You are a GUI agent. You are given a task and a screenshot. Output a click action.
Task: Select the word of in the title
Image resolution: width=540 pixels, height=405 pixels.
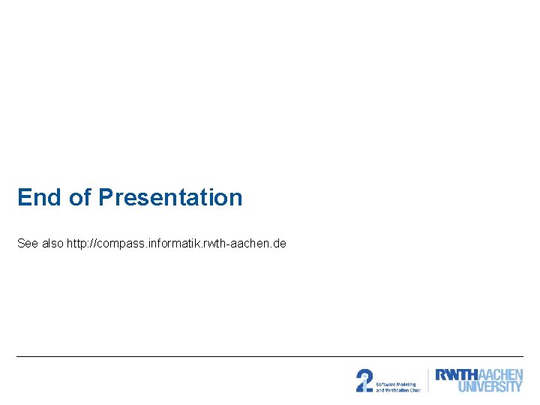pyautogui.click(x=79, y=197)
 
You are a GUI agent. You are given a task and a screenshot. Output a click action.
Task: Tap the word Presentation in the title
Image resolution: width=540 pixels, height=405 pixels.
pyautogui.click(x=170, y=197)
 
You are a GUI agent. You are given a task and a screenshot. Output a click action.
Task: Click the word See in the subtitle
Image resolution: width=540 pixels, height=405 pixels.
pyautogui.click(x=28, y=244)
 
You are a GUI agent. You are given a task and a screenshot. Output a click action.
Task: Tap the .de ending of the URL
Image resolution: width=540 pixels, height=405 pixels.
pyautogui.click(x=279, y=244)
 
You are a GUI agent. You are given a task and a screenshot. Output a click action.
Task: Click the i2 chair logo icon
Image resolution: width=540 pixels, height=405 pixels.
pyautogui.click(x=364, y=380)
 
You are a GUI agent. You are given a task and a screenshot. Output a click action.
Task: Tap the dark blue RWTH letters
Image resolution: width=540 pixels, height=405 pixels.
pyautogui.click(x=456, y=375)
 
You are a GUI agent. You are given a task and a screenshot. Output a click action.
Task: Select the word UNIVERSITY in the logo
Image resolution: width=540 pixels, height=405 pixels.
pyautogui.click(x=490, y=387)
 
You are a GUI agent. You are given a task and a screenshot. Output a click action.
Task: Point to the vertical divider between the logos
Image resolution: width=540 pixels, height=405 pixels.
pyautogui.click(x=427, y=380)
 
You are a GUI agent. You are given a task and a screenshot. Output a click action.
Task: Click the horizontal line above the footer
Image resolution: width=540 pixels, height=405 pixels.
pyautogui.click(x=270, y=356)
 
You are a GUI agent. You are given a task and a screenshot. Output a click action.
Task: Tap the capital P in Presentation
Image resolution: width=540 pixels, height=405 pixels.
pyautogui.click(x=106, y=197)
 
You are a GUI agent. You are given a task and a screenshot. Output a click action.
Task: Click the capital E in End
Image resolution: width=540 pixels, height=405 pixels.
pyautogui.click(x=24, y=197)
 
